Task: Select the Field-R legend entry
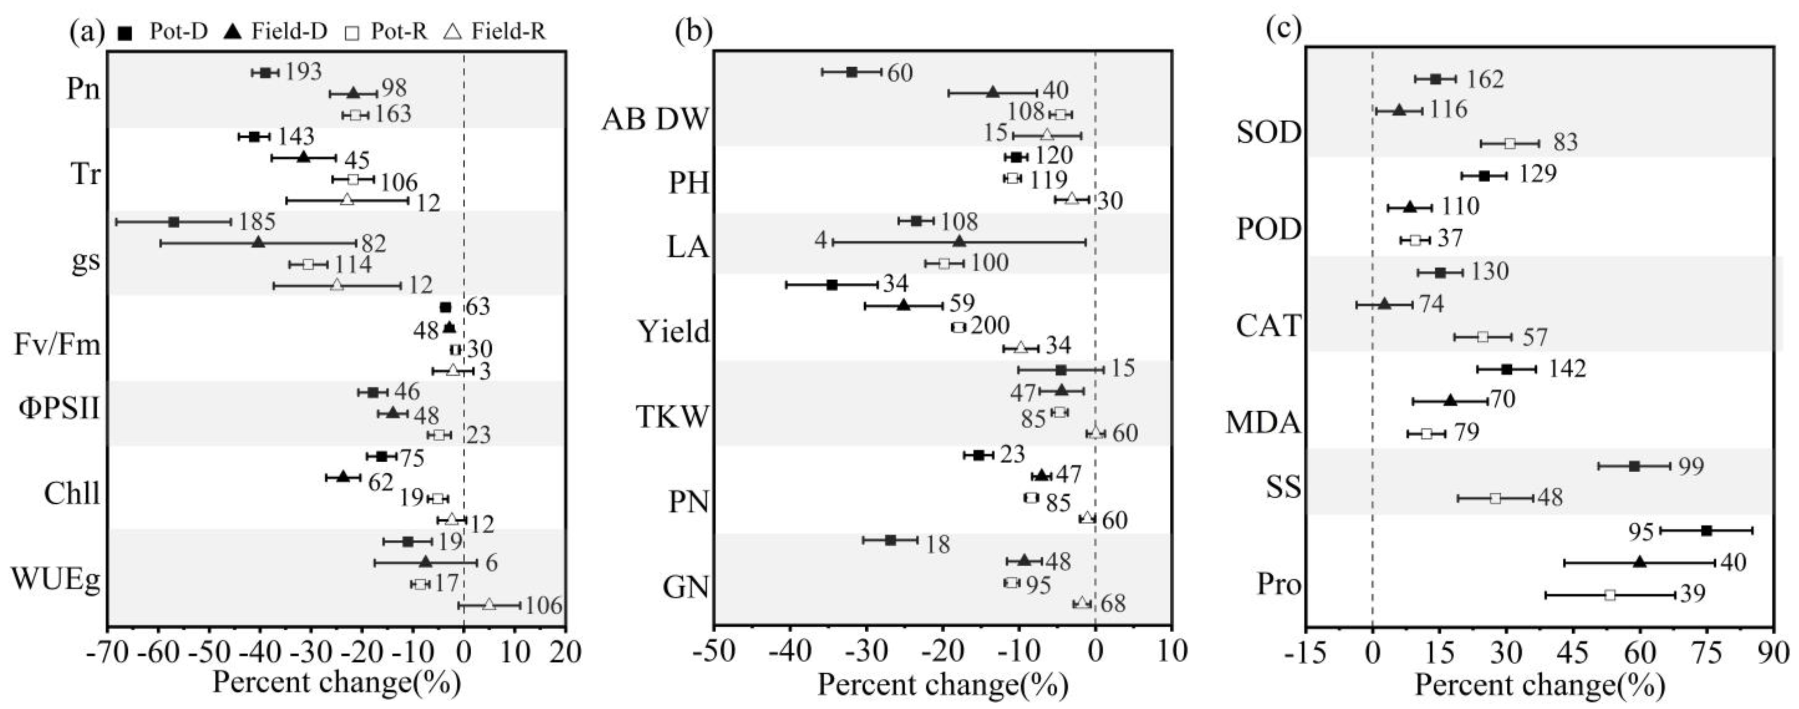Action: click(x=495, y=32)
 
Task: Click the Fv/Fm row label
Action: click(x=57, y=345)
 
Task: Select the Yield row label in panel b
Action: click(x=673, y=331)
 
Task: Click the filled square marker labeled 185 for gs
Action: click(x=174, y=222)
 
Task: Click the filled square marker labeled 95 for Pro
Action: click(x=1706, y=531)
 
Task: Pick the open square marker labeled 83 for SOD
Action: click(x=1509, y=143)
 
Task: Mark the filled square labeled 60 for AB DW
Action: click(x=852, y=72)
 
